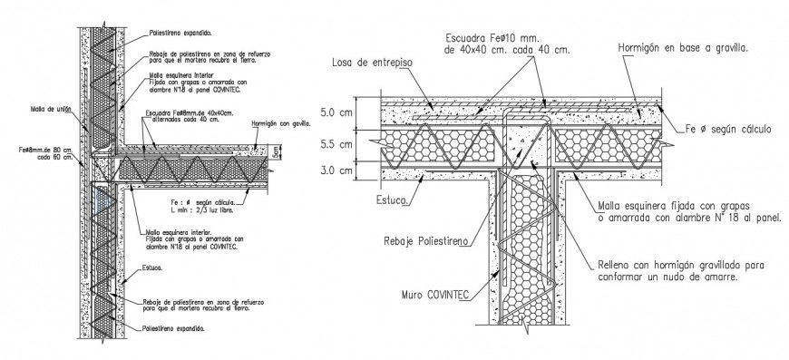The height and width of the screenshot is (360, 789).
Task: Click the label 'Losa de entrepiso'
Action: pyautogui.click(x=372, y=63)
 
